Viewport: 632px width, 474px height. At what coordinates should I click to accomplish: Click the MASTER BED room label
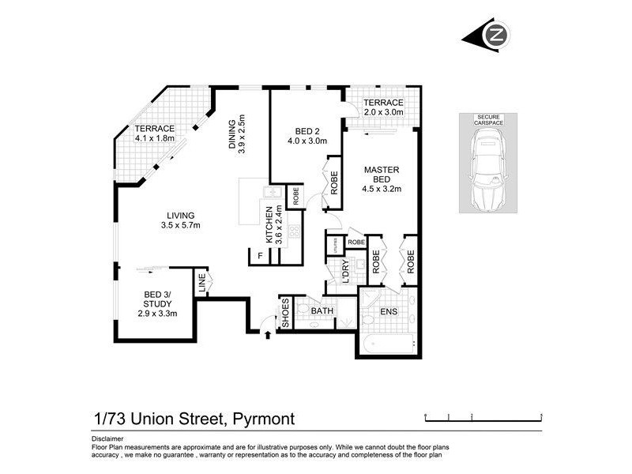(382, 179)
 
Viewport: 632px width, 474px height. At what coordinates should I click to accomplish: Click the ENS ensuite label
(389, 312)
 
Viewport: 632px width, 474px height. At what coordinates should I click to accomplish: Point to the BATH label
(321, 311)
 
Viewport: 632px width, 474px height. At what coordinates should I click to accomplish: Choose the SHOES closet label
(286, 314)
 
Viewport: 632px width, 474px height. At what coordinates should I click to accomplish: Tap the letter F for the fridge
(259, 255)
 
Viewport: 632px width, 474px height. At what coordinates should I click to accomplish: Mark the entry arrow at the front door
(269, 334)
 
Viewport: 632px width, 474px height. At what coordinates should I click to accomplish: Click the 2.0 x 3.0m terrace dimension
(384, 113)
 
